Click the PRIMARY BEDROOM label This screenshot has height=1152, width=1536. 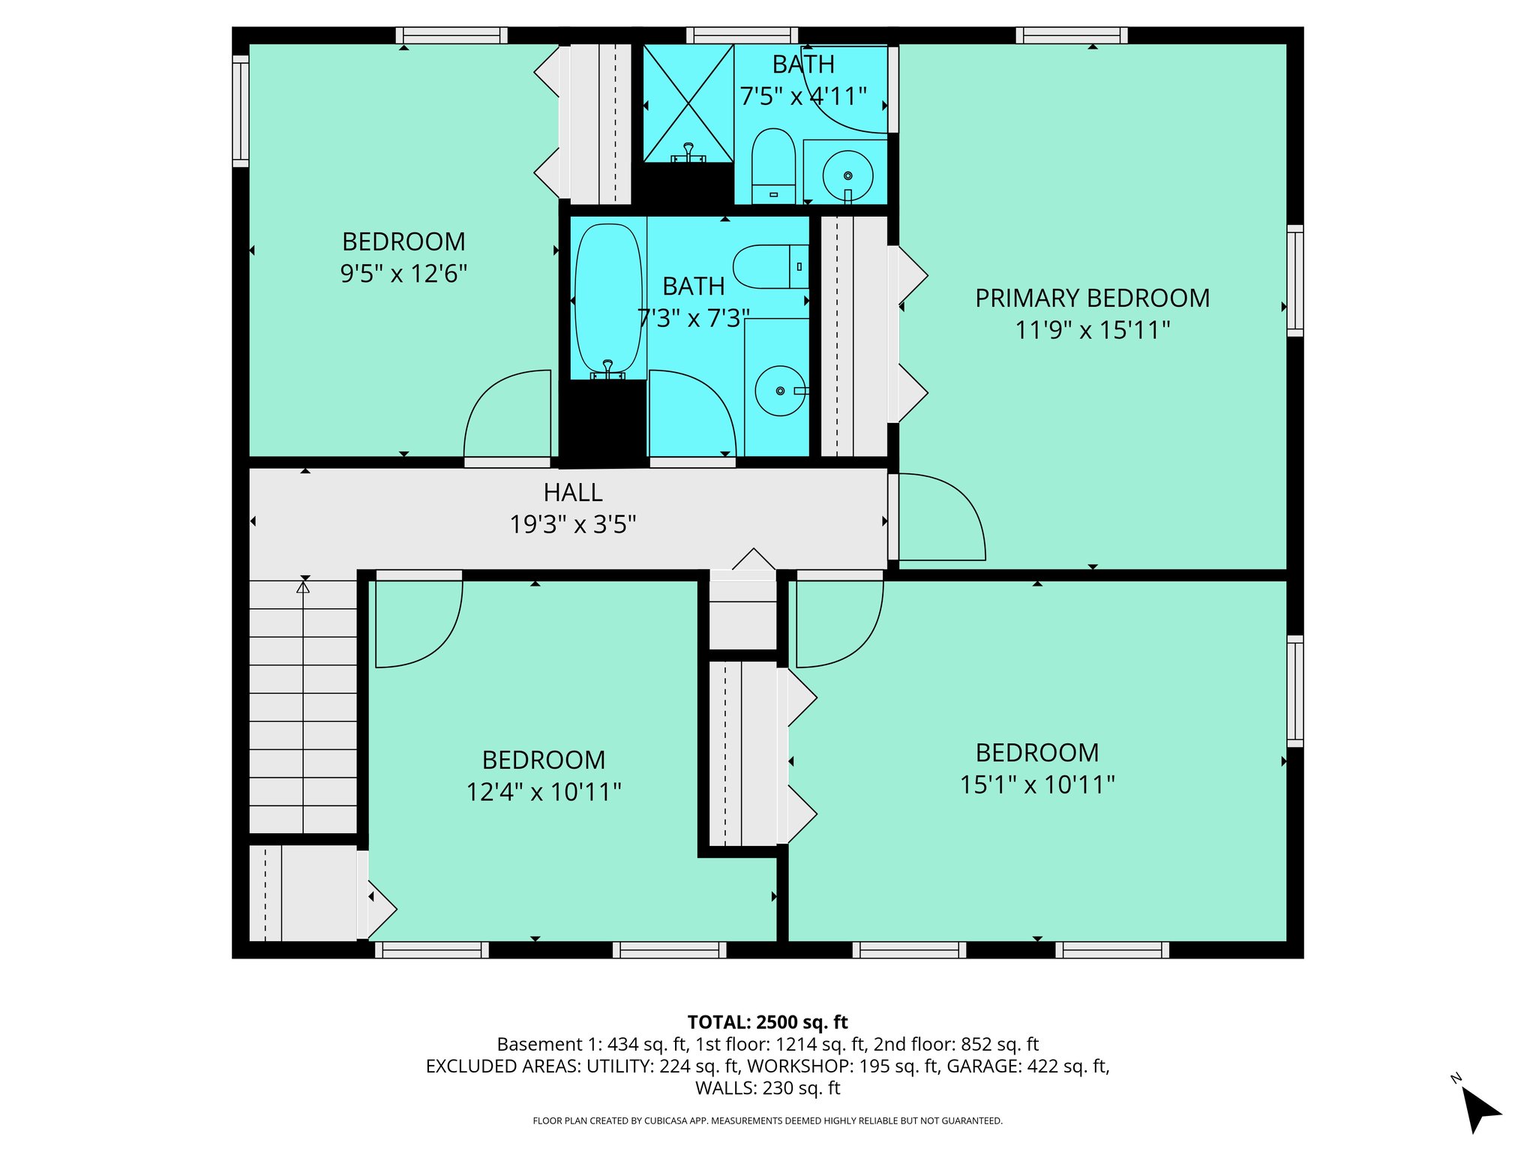[x=1092, y=298]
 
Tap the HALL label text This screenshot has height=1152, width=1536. [x=573, y=493]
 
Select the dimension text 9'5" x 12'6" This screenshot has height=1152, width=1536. [x=403, y=274]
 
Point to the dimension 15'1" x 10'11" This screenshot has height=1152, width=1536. [x=1037, y=785]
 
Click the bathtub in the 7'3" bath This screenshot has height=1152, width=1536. [x=608, y=300]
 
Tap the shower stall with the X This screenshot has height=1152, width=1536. [x=688, y=103]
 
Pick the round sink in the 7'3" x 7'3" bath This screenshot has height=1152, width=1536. [x=780, y=391]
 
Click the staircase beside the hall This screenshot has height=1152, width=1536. [x=303, y=705]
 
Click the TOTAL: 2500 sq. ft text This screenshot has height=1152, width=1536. [x=767, y=1022]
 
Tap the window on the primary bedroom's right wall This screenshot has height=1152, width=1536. [x=1294, y=280]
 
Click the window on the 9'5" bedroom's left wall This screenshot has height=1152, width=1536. [x=240, y=111]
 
